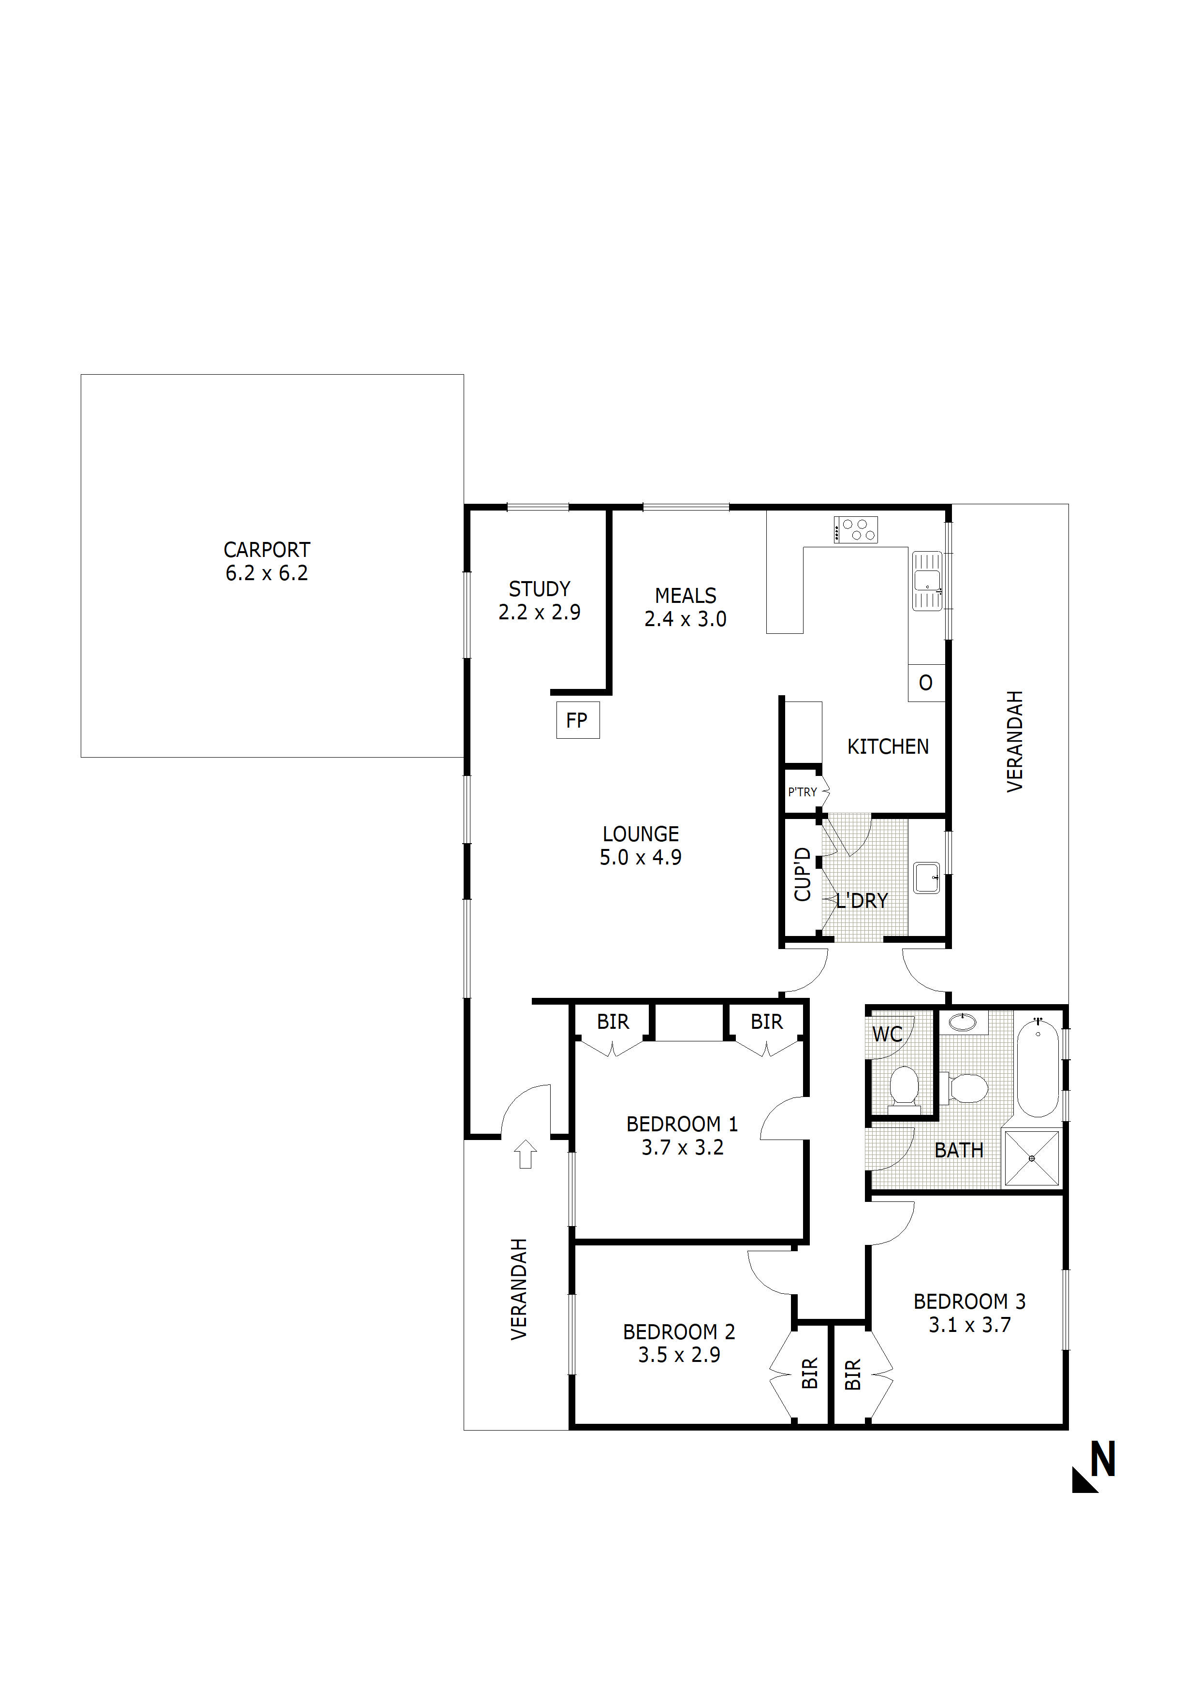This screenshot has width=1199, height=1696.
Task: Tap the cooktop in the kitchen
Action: point(856,529)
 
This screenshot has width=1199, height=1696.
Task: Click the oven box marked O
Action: point(926,683)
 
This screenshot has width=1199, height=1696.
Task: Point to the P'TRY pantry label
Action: point(802,792)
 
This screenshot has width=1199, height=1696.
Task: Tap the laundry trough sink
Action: point(926,877)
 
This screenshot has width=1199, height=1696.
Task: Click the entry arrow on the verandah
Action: point(525,1154)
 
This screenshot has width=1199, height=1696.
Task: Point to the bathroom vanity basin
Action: point(963,1023)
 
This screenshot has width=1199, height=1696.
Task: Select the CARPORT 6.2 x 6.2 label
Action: point(267,561)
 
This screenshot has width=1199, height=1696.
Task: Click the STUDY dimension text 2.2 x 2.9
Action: point(539,613)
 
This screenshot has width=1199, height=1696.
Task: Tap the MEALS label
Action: point(686,595)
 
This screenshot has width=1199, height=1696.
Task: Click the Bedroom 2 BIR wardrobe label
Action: point(810,1373)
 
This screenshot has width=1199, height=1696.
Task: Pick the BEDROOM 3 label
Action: point(969,1301)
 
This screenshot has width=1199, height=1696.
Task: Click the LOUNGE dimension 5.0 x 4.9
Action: point(641,858)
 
